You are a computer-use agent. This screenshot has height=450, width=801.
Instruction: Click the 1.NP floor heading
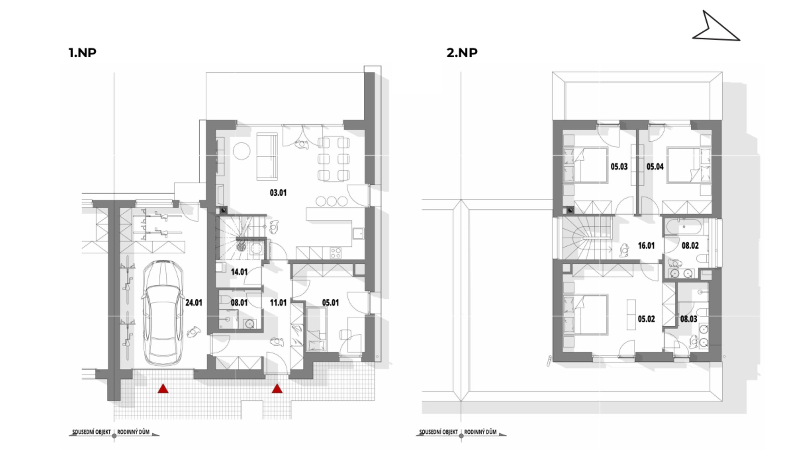click(83, 52)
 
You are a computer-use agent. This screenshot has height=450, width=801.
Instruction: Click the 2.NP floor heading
click(462, 52)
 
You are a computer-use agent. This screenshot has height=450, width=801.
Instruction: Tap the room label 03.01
click(278, 193)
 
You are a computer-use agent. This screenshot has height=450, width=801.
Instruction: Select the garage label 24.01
click(194, 302)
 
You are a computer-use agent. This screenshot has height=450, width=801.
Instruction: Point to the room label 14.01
click(239, 272)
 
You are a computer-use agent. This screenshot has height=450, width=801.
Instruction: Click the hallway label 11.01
click(278, 302)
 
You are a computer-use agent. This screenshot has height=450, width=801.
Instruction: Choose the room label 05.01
click(330, 302)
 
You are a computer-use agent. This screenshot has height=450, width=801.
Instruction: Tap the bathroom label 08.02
click(690, 246)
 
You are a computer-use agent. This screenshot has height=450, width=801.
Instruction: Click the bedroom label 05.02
click(646, 319)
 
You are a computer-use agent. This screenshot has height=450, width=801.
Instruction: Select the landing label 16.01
click(646, 246)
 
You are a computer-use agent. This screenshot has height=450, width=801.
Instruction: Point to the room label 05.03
click(619, 167)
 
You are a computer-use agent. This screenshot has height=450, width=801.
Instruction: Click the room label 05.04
click(655, 167)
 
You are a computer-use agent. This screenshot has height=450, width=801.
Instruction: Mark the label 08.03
click(689, 319)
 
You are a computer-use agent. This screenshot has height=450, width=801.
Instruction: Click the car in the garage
click(163, 313)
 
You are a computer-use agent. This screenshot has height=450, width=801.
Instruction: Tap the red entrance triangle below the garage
click(163, 389)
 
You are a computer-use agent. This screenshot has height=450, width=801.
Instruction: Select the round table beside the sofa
click(242, 151)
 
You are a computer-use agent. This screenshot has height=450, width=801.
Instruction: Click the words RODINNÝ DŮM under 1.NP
click(133, 432)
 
